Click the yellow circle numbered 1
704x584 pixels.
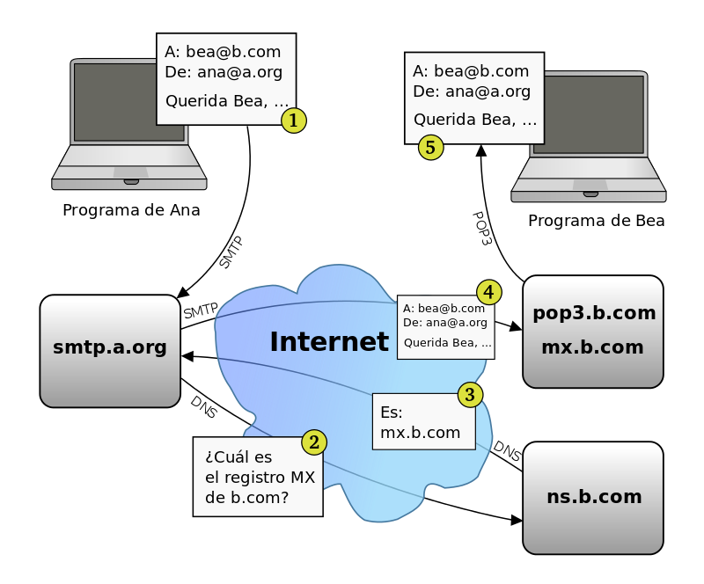click(x=294, y=120)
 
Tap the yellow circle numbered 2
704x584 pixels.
click(x=314, y=442)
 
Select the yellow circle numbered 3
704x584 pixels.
click(x=470, y=395)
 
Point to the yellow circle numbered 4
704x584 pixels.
click(x=489, y=292)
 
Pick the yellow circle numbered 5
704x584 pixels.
click(x=430, y=147)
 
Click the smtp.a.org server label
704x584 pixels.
click(x=110, y=347)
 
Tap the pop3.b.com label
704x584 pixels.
click(x=594, y=313)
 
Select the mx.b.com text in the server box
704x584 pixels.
click(x=592, y=347)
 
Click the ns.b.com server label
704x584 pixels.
click(x=594, y=497)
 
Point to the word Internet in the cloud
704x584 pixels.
click(x=328, y=342)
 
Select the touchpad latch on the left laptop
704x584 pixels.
click(x=131, y=182)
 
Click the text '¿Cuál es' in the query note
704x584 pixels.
click(x=238, y=457)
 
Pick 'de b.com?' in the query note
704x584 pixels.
click(x=246, y=499)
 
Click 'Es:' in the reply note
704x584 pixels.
click(x=392, y=412)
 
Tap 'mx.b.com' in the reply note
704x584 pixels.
click(x=420, y=433)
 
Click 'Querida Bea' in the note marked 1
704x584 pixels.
click(x=216, y=101)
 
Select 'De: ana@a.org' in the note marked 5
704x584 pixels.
click(x=472, y=91)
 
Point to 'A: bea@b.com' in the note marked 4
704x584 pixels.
click(x=444, y=309)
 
